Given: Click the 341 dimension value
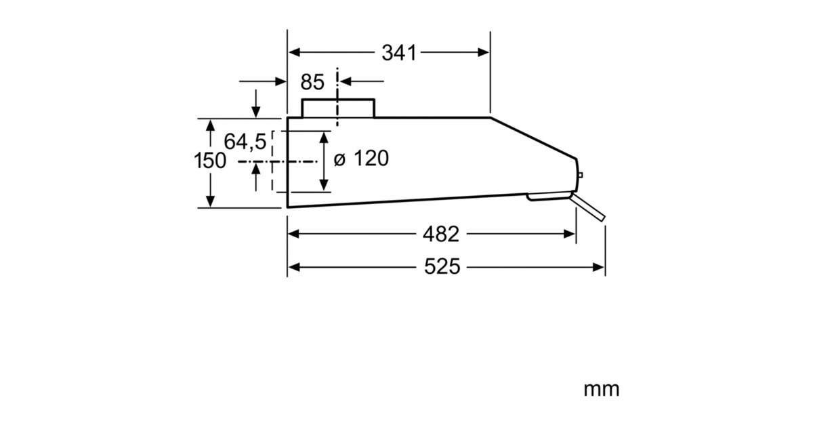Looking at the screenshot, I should click(x=398, y=53).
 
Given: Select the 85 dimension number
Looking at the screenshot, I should click(x=312, y=82).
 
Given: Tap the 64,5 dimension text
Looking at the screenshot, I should click(x=245, y=142).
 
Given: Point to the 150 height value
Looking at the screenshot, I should click(x=209, y=161).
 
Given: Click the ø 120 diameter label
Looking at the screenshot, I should click(x=362, y=159).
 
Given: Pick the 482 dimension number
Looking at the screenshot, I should click(x=440, y=234).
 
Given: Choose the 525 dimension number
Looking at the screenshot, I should click(x=442, y=267).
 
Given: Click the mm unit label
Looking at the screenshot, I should click(x=601, y=389).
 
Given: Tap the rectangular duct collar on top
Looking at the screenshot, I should click(x=337, y=108).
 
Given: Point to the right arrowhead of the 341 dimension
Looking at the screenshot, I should click(x=484, y=53).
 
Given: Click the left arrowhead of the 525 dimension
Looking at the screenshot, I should click(x=293, y=267).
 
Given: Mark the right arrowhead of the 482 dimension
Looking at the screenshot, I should click(x=570, y=234).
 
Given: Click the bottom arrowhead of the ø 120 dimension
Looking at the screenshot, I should click(x=325, y=184).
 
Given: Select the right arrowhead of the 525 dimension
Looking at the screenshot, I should click(x=599, y=267).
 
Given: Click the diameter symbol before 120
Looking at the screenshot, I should click(x=340, y=160).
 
